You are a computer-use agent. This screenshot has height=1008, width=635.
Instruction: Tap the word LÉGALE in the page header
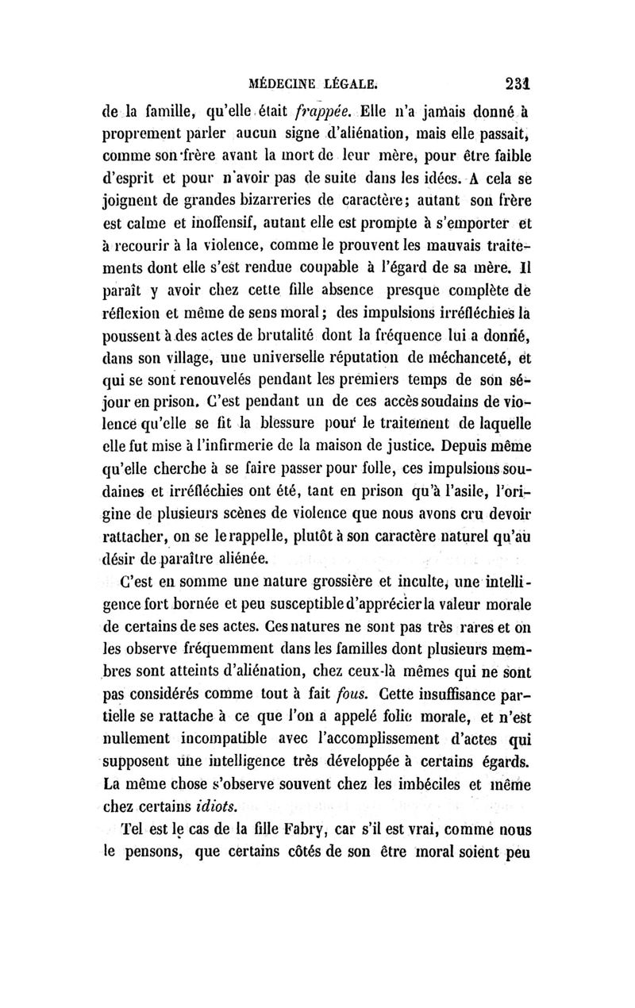click(x=351, y=81)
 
